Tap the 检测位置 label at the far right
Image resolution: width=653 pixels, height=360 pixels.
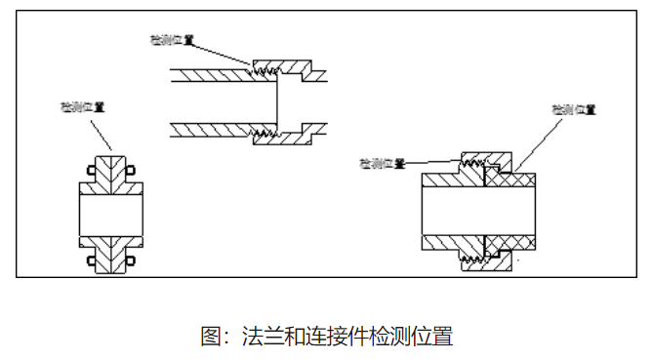[x=573, y=109]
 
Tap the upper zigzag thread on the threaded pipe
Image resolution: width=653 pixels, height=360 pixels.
[x=260, y=70]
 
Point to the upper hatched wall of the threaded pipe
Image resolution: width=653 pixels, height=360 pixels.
[x=210, y=73]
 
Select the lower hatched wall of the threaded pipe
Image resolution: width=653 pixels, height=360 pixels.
[x=210, y=128]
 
